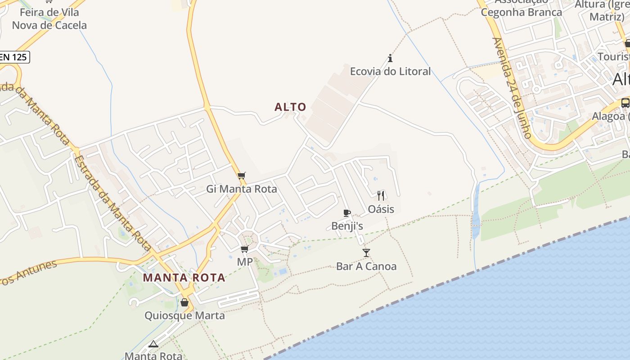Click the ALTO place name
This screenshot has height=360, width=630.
pos(290,107)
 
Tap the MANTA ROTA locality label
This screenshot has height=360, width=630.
pos(184,278)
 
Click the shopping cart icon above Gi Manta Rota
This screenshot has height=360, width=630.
pos(242,175)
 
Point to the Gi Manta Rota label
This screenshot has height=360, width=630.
pos(242,189)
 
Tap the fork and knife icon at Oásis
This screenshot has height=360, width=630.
pos(381,195)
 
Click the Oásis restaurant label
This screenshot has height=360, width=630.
pos(381,209)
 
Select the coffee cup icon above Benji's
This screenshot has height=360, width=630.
pos(346,213)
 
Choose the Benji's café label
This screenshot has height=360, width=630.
pos(347,226)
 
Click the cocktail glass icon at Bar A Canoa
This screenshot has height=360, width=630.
pos(366,253)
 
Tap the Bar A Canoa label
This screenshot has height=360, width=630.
pos(366,266)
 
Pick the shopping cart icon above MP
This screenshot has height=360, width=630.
pos(244,249)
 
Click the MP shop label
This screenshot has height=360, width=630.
pos(245,262)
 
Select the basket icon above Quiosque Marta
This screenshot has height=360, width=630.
pos(184,302)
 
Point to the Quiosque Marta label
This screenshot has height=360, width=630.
pos(184,315)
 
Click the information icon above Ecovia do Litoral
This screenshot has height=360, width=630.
pos(390,58)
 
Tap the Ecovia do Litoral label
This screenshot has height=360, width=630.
pos(390,71)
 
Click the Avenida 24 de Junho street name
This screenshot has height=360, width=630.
pos(512,88)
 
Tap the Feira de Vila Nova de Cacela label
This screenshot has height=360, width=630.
pos(49,19)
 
